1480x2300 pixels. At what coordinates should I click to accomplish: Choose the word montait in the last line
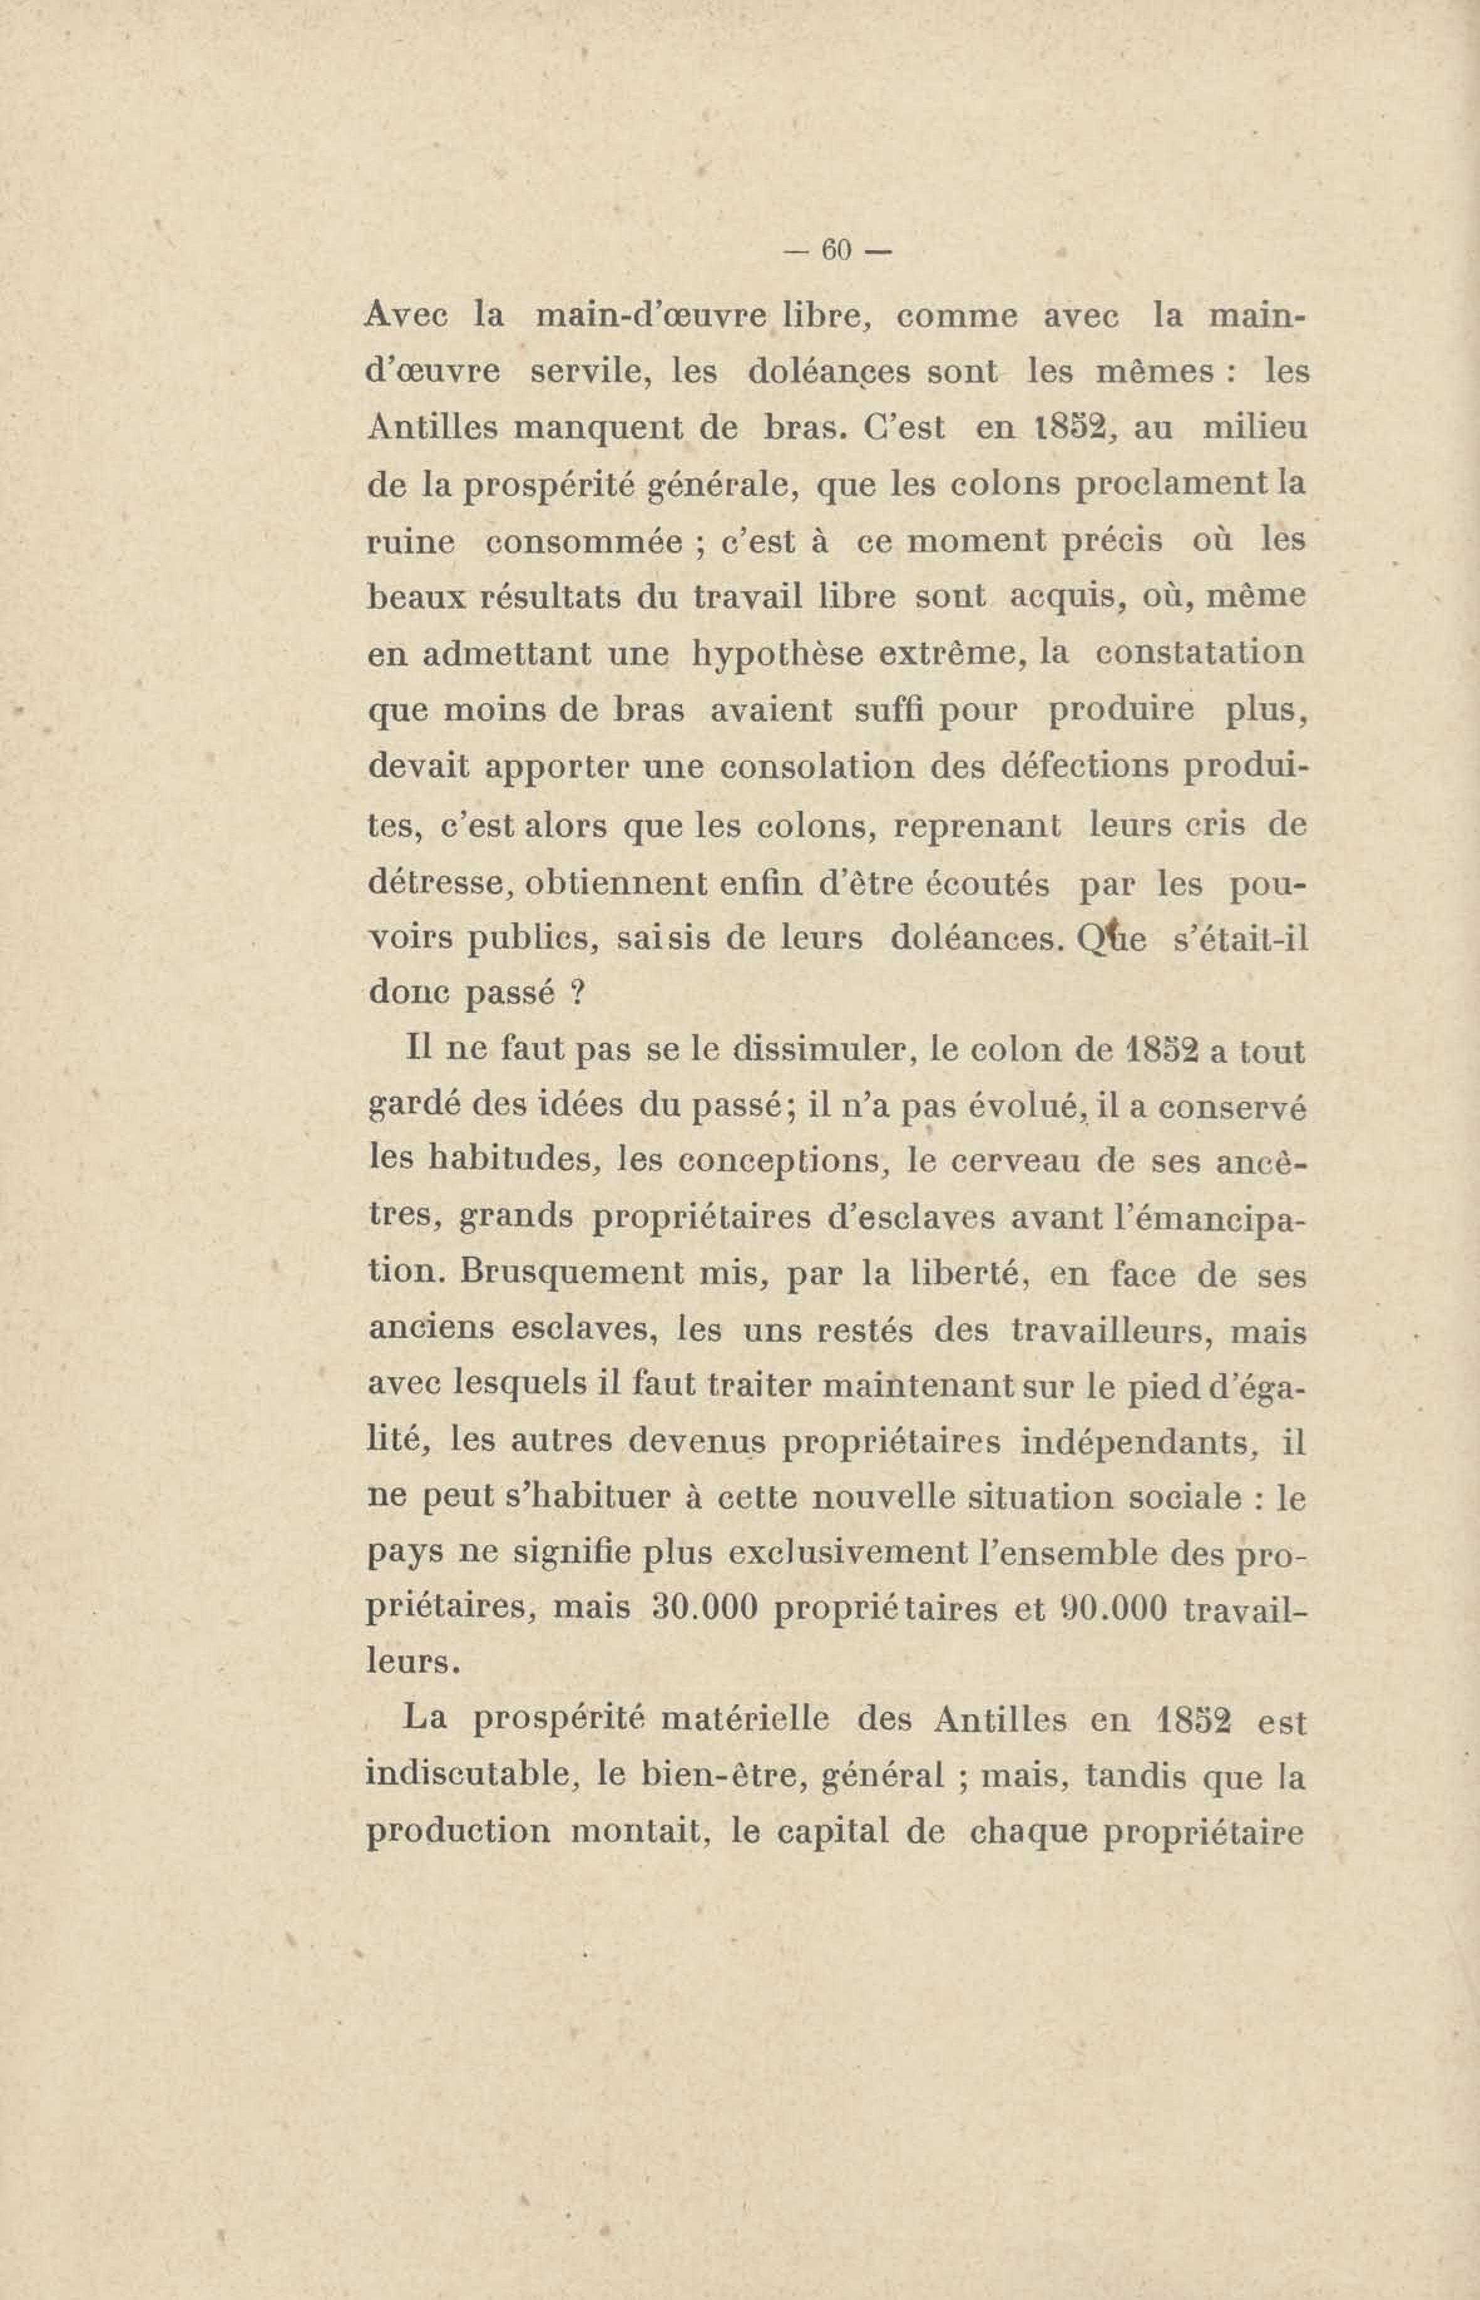pos(640,1835)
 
